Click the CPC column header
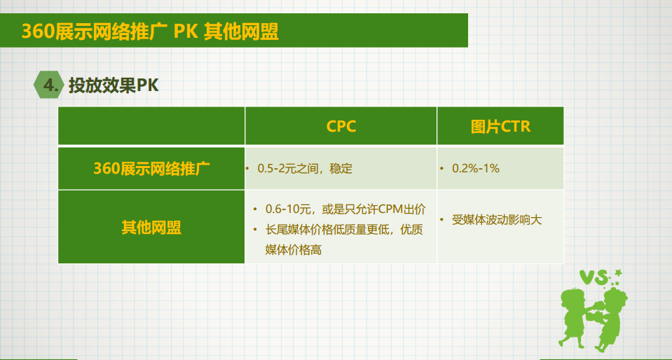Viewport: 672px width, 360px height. pyautogui.click(x=341, y=127)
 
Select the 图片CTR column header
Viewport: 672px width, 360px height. pyautogui.click(x=500, y=127)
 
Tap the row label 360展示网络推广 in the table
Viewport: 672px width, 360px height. pyautogui.click(x=152, y=168)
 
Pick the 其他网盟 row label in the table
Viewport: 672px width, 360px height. pyautogui.click(x=152, y=227)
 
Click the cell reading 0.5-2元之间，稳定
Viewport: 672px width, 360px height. pyautogui.click(x=305, y=168)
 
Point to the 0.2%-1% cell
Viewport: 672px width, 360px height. pyautogui.click(x=476, y=168)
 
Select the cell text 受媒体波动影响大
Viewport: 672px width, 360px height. pyautogui.click(x=497, y=221)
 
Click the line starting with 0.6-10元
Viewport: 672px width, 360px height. pyautogui.click(x=345, y=209)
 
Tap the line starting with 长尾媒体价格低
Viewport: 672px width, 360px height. pyautogui.click(x=344, y=230)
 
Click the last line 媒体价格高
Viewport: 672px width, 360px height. pyautogui.click(x=294, y=250)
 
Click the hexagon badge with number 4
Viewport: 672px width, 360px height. pyautogui.click(x=49, y=85)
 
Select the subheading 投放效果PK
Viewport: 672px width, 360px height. pyautogui.click(x=114, y=85)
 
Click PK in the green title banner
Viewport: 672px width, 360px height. pyautogui.click(x=186, y=32)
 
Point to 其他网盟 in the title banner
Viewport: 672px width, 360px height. pyautogui.click(x=241, y=32)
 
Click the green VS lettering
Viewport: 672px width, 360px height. pyautogui.click(x=595, y=278)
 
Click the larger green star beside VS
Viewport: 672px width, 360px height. pyautogui.click(x=617, y=272)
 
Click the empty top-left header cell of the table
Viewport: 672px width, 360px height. pyautogui.click(x=151, y=126)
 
